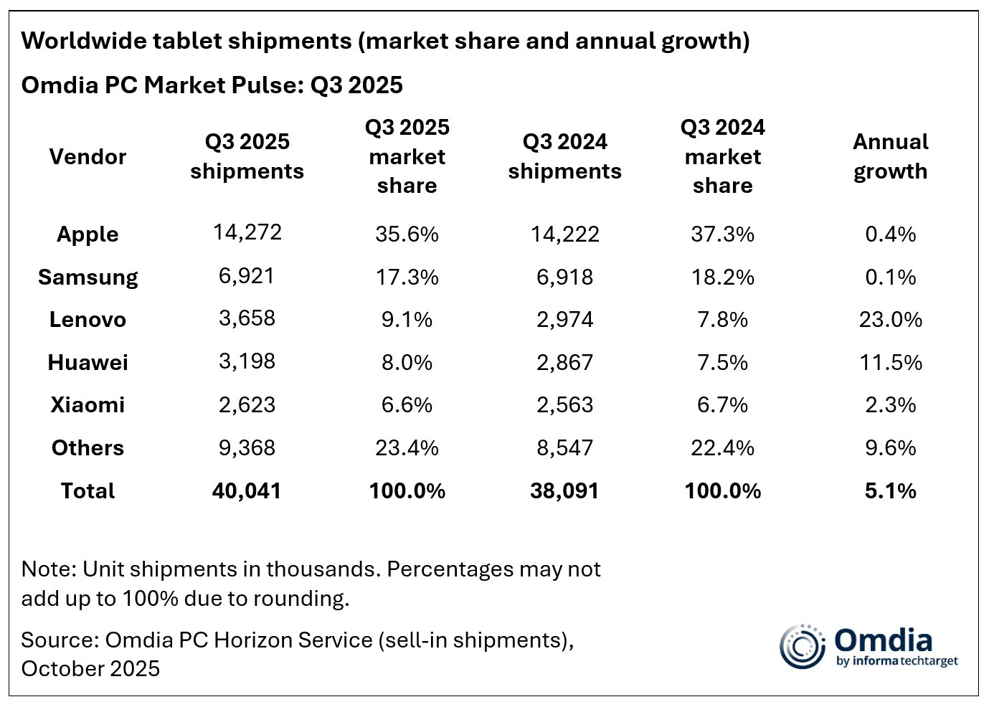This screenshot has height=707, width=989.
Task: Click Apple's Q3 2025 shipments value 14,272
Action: (x=247, y=232)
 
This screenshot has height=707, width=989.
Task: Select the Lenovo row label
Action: (x=87, y=320)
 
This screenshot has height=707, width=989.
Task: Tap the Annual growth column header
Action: (x=890, y=156)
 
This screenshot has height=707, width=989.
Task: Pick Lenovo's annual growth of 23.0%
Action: (x=890, y=320)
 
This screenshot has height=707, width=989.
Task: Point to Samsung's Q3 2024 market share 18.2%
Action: (x=722, y=277)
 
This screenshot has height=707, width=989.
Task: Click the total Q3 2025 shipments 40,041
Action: (x=247, y=491)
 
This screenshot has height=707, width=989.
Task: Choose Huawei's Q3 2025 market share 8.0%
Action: (x=407, y=363)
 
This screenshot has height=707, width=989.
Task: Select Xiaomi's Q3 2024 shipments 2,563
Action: (x=564, y=405)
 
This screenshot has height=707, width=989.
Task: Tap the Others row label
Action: (x=87, y=448)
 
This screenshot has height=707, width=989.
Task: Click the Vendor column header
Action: (x=87, y=156)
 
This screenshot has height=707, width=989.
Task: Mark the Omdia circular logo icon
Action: (x=803, y=646)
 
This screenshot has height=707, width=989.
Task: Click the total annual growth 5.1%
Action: (x=890, y=491)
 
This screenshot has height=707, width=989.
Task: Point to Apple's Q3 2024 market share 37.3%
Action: (x=722, y=234)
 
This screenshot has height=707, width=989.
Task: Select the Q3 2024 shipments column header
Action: (x=564, y=156)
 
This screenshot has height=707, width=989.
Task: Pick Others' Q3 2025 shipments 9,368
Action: (x=247, y=448)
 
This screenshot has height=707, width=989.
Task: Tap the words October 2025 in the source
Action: (x=90, y=669)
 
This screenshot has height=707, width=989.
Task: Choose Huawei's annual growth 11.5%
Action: (x=890, y=363)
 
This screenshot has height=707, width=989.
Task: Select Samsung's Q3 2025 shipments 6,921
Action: (x=247, y=276)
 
